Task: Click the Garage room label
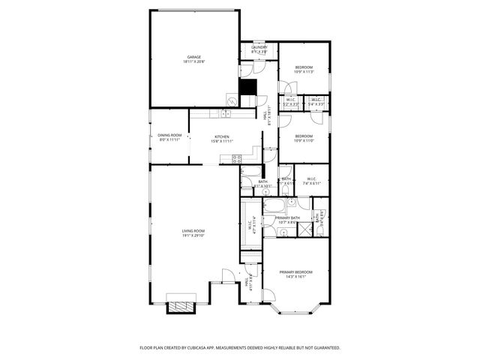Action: point(193,57)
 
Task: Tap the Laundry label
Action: point(259,47)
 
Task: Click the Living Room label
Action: point(193,230)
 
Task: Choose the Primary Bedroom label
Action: point(296,271)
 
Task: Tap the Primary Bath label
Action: point(287,217)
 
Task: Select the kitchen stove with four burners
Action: point(236,158)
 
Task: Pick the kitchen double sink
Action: point(224,113)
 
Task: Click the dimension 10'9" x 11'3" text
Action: point(303,73)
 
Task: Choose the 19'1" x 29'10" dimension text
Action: point(193,235)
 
